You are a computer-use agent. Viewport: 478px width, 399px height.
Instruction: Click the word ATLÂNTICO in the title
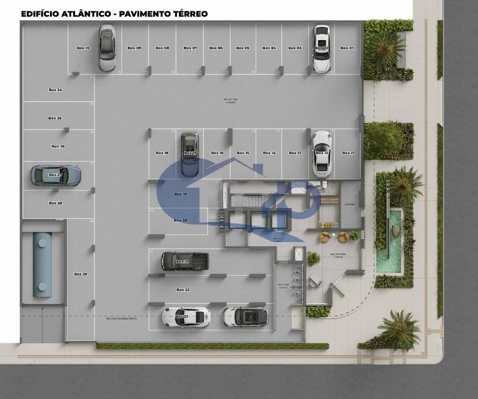(87, 14)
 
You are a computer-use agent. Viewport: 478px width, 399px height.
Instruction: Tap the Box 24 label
(56, 90)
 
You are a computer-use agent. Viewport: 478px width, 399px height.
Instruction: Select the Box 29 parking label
(81, 274)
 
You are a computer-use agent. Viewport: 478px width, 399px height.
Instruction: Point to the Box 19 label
(181, 194)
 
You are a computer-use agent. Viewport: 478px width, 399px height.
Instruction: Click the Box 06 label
(216, 48)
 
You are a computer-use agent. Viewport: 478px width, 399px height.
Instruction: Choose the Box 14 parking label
(269, 153)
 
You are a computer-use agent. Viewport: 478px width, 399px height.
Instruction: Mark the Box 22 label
(183, 290)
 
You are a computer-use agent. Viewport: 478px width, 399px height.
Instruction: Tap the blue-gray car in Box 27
(56, 175)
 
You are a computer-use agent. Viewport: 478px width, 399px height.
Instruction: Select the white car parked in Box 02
(321, 49)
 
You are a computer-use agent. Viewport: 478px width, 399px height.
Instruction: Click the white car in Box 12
(322, 153)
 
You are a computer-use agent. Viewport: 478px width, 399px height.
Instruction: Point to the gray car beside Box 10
(107, 48)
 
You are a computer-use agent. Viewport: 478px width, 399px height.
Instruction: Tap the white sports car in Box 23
(185, 317)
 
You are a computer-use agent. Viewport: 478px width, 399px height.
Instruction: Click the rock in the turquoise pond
(395, 231)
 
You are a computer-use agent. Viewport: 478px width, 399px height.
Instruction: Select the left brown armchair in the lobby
(324, 237)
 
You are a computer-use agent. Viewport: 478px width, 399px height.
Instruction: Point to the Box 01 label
(347, 48)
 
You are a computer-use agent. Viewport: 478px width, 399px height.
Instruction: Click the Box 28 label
(56, 203)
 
